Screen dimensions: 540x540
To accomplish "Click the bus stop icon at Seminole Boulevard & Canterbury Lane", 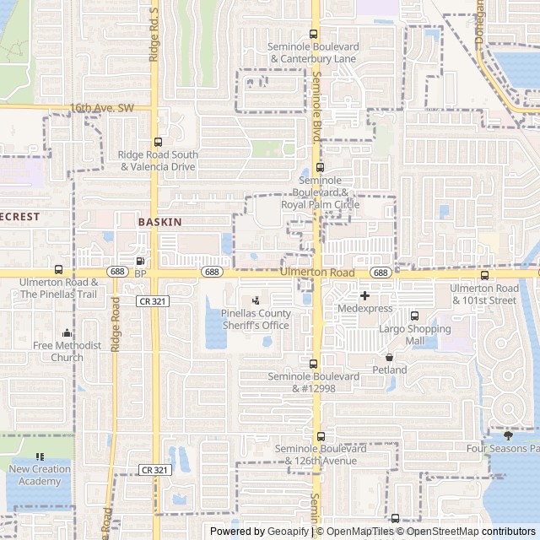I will [x=314, y=35].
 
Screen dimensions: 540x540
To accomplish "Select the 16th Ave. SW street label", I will [x=101, y=108].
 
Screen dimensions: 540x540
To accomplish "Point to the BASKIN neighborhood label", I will [x=159, y=221].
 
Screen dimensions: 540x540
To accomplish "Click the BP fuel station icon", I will [x=140, y=262].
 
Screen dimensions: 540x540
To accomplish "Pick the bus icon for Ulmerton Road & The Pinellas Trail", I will [x=58, y=271].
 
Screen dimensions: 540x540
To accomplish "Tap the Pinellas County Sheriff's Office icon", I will [x=256, y=300].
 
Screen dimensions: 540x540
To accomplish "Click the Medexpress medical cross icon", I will [x=364, y=295].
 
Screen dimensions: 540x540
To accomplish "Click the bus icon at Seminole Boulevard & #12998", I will [x=314, y=364].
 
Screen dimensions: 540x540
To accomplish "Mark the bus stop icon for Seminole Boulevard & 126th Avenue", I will [x=320, y=437].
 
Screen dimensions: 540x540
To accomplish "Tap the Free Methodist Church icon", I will [x=67, y=333].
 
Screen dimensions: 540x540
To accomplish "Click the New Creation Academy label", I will [x=40, y=475].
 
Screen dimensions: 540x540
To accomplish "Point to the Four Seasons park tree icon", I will [x=508, y=435].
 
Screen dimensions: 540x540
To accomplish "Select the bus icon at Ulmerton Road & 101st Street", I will [x=484, y=276].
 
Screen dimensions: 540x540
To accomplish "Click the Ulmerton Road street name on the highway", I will [x=317, y=273].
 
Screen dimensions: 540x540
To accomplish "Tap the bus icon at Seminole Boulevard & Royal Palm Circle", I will [x=319, y=168].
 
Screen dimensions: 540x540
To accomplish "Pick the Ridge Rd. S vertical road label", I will [x=154, y=35].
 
